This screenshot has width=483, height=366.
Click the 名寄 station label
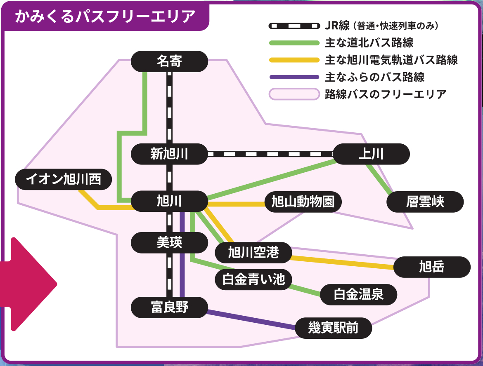[169, 61]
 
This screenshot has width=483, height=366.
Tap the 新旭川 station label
[169, 154]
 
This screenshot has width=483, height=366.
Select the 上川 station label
[371, 154]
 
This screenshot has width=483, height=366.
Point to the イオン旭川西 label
[64, 179]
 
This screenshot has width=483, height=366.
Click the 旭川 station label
[169, 202]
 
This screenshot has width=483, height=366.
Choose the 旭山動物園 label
[303, 202]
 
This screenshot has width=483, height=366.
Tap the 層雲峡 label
[425, 202]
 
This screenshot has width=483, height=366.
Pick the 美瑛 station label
[169, 243]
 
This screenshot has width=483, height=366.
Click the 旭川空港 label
[253, 253]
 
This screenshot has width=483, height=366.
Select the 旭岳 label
[432, 267]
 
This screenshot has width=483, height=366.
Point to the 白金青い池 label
[253, 279]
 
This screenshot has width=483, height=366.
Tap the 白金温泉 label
[358, 294]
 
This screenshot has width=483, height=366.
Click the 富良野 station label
[169, 307]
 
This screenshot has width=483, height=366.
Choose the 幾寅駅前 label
[333, 328]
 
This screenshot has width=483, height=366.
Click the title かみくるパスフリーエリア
[105, 17]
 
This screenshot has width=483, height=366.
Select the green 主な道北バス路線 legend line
[294, 43]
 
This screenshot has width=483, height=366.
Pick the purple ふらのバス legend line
[294, 77]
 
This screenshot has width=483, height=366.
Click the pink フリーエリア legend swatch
[294, 94]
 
